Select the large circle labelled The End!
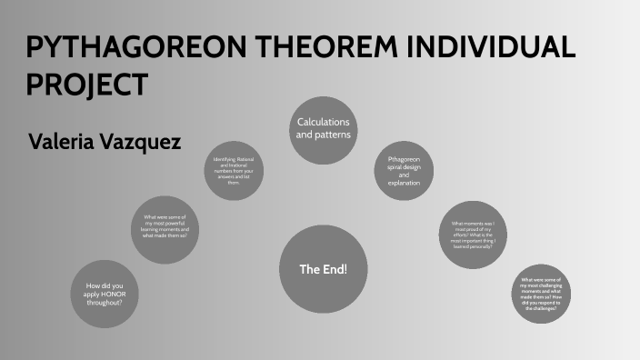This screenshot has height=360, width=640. [323, 269]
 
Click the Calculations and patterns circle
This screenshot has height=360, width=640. [323, 128]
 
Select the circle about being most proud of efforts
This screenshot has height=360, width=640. [473, 235]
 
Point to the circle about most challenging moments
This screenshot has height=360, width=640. [541, 293]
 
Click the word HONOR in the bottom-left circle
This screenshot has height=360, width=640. [119, 294]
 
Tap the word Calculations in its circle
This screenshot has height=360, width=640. [323, 122]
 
